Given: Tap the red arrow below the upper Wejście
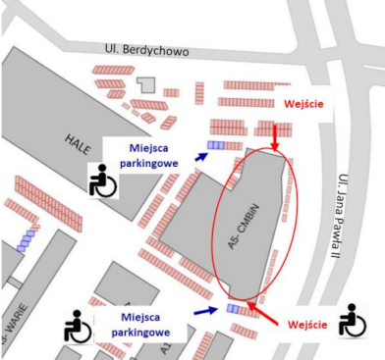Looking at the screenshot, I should click(x=275, y=138).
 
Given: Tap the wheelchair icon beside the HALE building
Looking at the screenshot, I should click(x=102, y=179).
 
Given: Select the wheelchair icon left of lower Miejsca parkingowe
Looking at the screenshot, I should click(x=77, y=326).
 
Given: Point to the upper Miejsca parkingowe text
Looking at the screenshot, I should click(x=149, y=155).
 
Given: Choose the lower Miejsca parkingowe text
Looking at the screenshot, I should click(x=142, y=324).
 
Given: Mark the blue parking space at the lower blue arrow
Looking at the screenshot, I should click(x=234, y=309).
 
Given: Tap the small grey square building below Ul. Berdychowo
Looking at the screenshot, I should click(x=146, y=86).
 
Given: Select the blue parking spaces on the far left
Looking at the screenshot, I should click(x=26, y=240).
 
